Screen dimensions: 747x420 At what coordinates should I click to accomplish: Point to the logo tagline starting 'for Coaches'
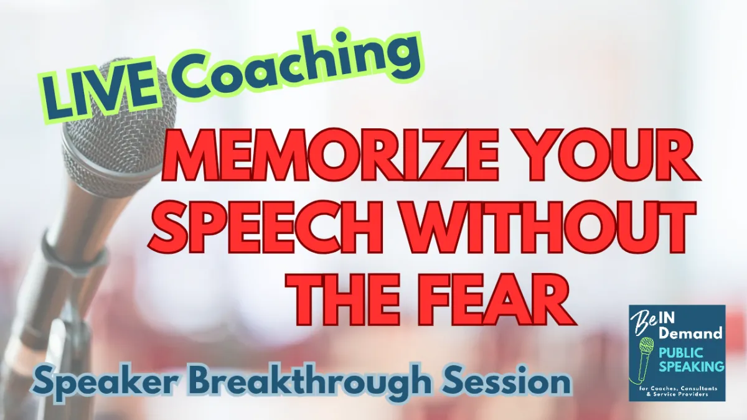(x=677, y=391)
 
